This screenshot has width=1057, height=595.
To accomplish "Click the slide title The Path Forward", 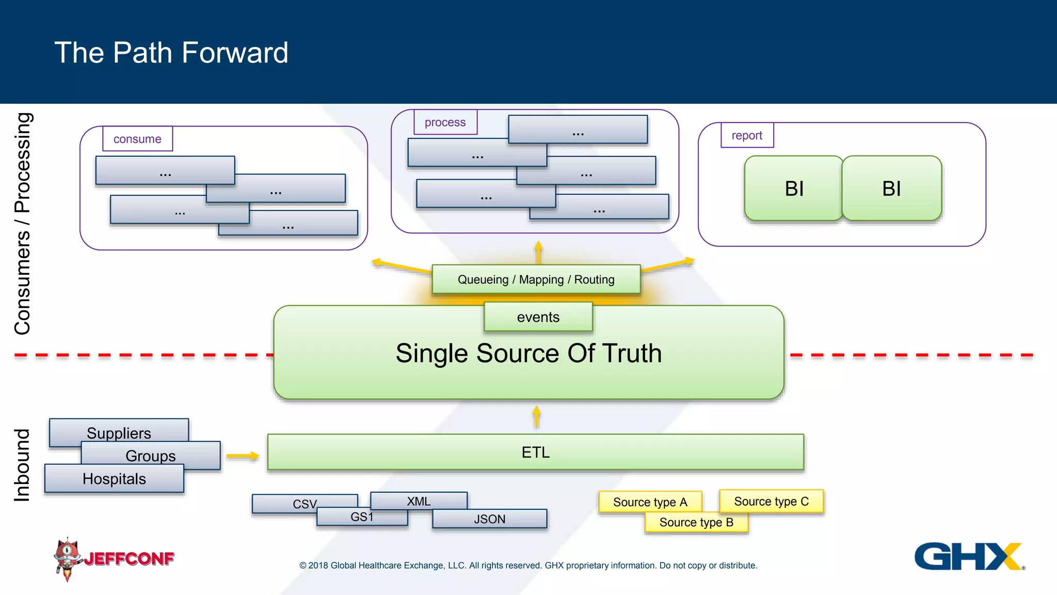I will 171,53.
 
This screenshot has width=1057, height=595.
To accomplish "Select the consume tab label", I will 137,139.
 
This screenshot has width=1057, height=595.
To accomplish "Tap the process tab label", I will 445,122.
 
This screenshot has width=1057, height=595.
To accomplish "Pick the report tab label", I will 747,135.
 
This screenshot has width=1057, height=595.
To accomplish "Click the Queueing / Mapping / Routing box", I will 536,279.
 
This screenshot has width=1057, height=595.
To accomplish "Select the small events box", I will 538,317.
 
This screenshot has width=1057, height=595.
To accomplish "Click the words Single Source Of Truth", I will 528,354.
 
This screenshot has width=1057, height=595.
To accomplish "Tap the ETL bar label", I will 535,452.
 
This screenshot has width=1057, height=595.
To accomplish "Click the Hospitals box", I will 114,479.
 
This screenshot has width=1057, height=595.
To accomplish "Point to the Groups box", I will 151,456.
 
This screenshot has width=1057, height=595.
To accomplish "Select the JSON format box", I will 489,519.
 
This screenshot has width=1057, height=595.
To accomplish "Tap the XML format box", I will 419,501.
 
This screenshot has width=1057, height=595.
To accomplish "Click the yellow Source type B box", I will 696,522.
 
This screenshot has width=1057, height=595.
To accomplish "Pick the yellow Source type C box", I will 771,502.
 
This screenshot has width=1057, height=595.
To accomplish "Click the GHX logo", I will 969,556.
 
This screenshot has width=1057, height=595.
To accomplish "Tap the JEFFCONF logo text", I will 129,559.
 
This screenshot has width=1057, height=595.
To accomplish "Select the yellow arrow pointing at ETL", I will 242,456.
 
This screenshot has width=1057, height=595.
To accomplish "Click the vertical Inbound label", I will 22,465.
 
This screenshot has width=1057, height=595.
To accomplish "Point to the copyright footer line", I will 528,566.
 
